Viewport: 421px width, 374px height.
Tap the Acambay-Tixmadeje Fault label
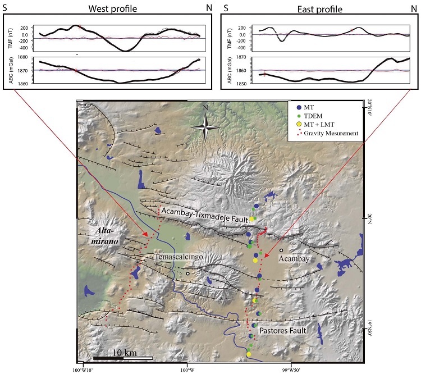pyautogui.click(x=206, y=210)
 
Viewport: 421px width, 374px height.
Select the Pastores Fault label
pyautogui.click(x=282, y=331)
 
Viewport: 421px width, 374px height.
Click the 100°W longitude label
pyautogui.click(x=187, y=369)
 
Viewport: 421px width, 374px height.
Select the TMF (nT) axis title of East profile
pyautogui.click(x=227, y=34)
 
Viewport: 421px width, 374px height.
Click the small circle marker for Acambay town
pyautogui.click(x=281, y=250)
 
